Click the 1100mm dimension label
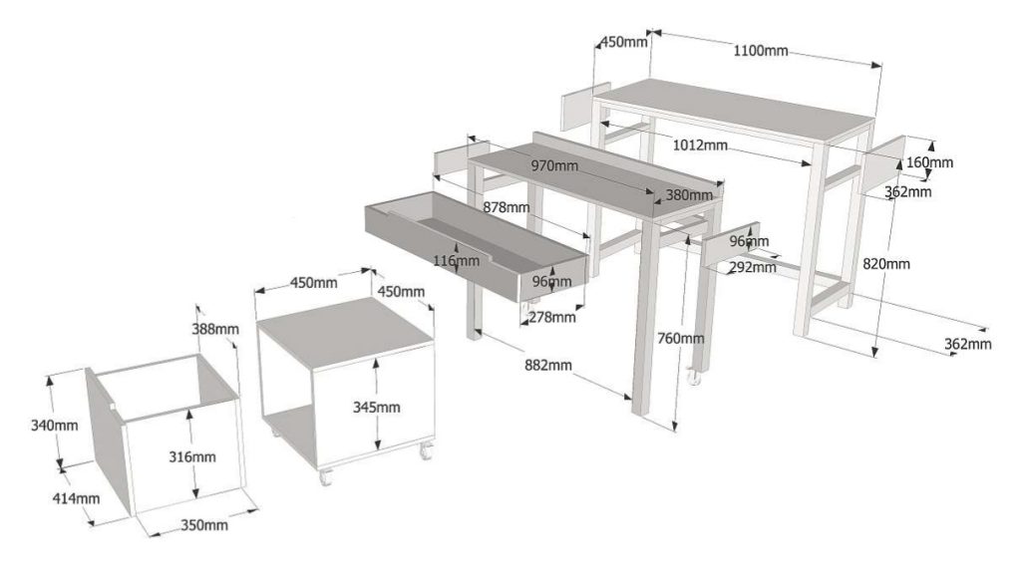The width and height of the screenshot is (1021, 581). coord(760,50)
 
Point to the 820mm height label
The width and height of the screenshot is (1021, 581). coord(885,263)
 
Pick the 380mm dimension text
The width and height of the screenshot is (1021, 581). coord(689,195)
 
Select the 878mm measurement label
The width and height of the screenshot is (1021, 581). coord(505,207)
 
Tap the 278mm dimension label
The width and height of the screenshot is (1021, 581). coord(551,317)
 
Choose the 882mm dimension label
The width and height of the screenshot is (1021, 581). coord(546,366)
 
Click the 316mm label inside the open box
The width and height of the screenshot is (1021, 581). coord(193,456)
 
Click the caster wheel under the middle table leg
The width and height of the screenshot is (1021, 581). coord(692,377)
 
